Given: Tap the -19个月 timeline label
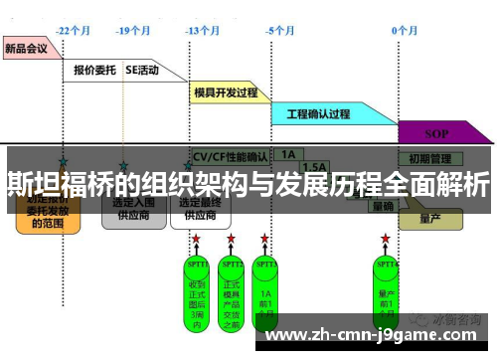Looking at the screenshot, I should pyautogui.click(x=132, y=30).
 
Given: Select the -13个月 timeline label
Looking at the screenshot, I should pyautogui.click(x=202, y=30).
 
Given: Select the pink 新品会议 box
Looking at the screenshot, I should pyautogui.click(x=27, y=47).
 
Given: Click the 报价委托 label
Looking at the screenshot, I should pyautogui.click(x=95, y=71).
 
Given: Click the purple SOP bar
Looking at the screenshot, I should pyautogui.click(x=436, y=133).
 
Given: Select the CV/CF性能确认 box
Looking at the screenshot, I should pyautogui.click(x=228, y=156).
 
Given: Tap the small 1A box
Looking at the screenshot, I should pyautogui.click(x=287, y=155).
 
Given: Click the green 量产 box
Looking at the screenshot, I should pyautogui.click(x=429, y=218).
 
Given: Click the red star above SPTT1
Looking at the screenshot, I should pyautogui.click(x=196, y=240).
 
